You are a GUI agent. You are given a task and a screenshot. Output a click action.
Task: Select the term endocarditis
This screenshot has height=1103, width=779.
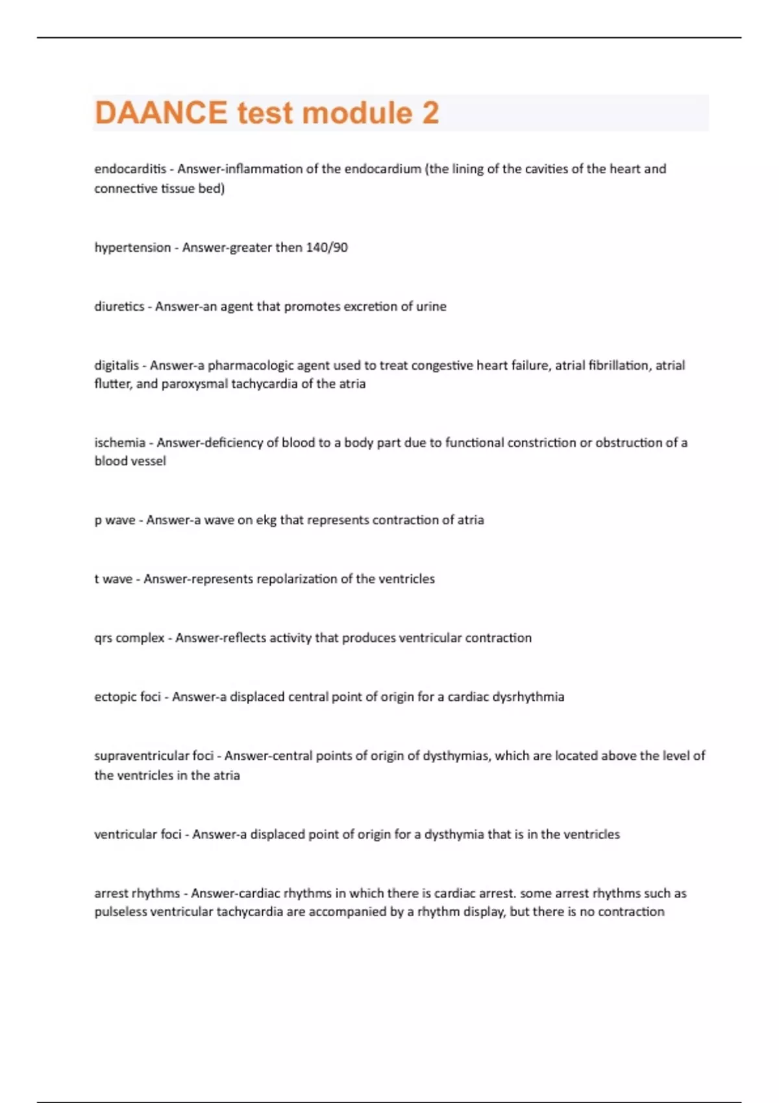pyautogui.click(x=130, y=169)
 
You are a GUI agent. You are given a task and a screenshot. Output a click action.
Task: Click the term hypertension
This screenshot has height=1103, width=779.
pyautogui.click(x=132, y=247)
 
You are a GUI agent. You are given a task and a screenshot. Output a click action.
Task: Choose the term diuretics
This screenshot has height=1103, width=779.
pyautogui.click(x=119, y=306)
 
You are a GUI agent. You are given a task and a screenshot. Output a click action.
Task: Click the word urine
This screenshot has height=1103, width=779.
pyautogui.click(x=431, y=306)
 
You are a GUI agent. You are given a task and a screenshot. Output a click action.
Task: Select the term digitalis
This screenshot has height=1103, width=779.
pyautogui.click(x=117, y=365)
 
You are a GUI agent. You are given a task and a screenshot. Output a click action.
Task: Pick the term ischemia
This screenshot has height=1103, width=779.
pyautogui.click(x=119, y=442)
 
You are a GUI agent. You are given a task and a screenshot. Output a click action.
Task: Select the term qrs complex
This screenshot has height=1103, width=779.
pyautogui.click(x=129, y=638)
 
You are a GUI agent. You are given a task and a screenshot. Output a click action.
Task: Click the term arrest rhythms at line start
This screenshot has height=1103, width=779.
pyautogui.click(x=137, y=893)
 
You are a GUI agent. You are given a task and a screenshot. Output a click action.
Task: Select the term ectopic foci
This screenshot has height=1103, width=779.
pyautogui.click(x=127, y=697)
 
